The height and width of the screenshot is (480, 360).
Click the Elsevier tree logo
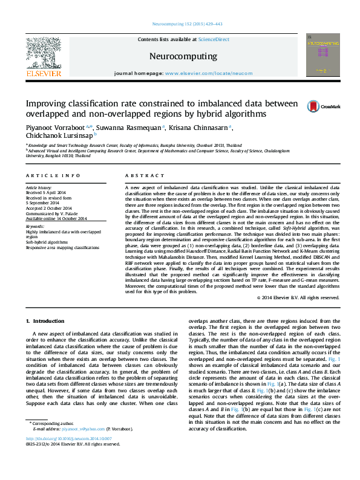tap(43, 56)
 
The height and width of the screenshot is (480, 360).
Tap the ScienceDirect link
tap(214, 39)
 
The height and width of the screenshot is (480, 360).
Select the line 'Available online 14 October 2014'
tap(56, 218)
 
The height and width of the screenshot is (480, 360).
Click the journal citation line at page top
tap(180, 24)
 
